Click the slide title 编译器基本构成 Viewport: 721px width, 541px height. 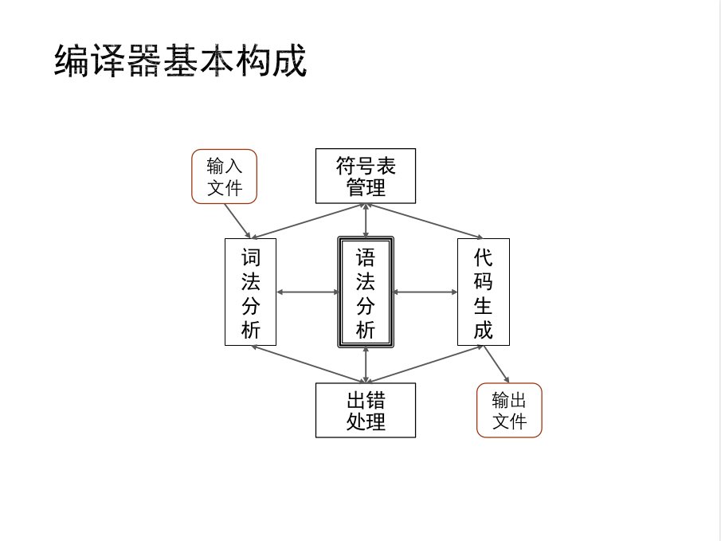(180, 61)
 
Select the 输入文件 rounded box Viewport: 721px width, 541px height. (224, 177)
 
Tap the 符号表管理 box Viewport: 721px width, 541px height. (365, 176)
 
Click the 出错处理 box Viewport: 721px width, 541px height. (365, 410)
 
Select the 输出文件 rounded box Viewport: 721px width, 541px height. (509, 410)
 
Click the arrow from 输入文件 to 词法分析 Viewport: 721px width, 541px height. (237, 221)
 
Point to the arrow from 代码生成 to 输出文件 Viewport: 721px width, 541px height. (496, 364)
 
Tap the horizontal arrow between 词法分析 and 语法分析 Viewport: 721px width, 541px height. (307, 292)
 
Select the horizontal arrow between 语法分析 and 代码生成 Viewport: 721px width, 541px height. (425, 292)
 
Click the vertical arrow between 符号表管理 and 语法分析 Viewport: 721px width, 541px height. (366, 221)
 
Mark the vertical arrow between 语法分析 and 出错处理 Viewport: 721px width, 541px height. (366, 364)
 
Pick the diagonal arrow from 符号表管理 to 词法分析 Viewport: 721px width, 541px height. (308, 221)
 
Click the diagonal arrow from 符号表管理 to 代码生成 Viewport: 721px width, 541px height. (425, 221)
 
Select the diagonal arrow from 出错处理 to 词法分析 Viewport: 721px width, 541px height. (308, 364)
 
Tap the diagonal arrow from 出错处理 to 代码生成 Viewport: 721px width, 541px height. (425, 364)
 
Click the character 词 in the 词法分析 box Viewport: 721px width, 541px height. (250, 257)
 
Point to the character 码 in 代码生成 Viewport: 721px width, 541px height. (483, 281)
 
